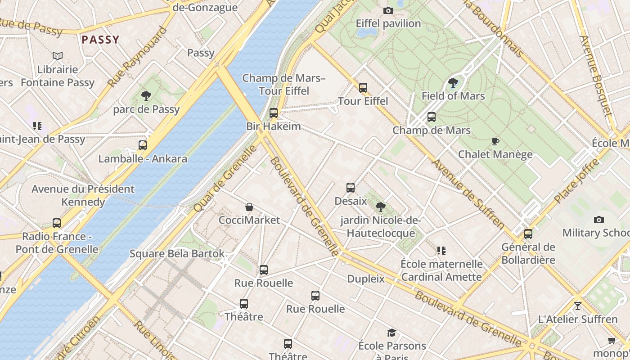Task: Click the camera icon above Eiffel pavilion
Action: tap(388, 10)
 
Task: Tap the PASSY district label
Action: tap(100, 40)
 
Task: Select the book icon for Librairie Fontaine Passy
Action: tap(58, 56)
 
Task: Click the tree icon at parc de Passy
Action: tap(146, 95)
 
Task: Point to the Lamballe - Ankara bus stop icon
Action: tap(143, 145)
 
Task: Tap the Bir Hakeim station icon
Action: tap(274, 113)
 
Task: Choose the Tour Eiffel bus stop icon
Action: tap(363, 87)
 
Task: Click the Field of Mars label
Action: tap(453, 96)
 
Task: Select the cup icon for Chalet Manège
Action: tap(495, 142)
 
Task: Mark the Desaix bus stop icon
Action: tap(351, 188)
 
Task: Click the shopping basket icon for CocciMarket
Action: tap(249, 207)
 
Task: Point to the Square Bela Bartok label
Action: tap(177, 253)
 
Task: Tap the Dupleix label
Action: tap(366, 279)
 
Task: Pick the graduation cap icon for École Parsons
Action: tap(392, 333)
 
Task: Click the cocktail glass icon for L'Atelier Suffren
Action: tap(578, 306)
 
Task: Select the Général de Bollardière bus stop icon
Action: tap(528, 234)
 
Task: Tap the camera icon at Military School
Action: tap(598, 220)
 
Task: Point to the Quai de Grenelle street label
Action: tap(225, 178)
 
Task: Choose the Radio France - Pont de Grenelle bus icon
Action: tap(57, 223)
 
